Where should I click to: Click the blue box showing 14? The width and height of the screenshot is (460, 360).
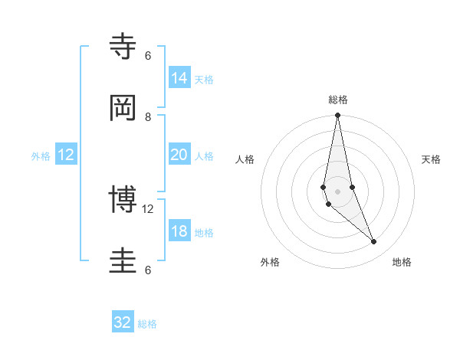click(x=179, y=78)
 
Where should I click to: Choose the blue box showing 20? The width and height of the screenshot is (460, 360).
click(x=179, y=155)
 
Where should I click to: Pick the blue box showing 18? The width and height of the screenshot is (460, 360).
click(x=179, y=231)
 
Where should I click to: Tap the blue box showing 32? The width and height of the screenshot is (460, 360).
click(x=123, y=322)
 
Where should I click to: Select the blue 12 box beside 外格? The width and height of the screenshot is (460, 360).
click(x=66, y=155)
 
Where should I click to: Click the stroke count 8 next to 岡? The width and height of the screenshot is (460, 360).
click(x=148, y=117)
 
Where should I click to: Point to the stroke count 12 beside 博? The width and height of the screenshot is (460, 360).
click(x=148, y=209)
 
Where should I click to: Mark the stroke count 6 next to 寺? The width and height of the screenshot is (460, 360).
click(x=148, y=56)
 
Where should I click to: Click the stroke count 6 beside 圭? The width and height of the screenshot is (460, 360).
click(x=148, y=270)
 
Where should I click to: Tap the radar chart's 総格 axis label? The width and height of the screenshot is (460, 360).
click(x=338, y=100)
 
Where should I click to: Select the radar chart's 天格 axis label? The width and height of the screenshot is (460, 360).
click(x=431, y=159)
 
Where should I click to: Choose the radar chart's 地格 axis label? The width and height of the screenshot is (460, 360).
click(x=402, y=262)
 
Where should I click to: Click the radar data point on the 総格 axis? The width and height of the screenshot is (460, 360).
click(x=337, y=116)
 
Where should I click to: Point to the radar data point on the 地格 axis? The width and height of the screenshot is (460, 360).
click(x=374, y=242)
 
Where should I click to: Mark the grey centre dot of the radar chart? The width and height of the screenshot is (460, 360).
click(x=337, y=191)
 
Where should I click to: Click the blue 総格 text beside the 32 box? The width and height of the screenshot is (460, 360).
click(x=147, y=324)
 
